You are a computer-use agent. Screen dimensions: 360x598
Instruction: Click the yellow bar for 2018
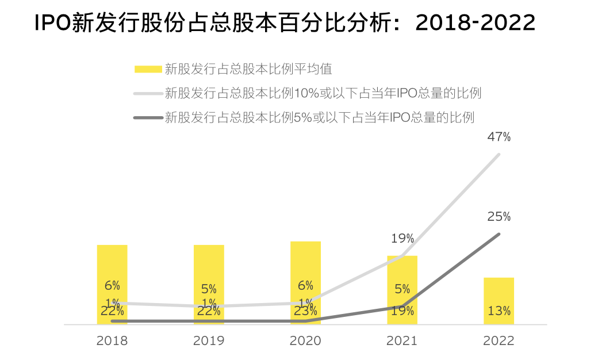pos(112,270)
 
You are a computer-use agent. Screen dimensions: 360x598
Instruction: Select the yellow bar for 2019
pos(209,270)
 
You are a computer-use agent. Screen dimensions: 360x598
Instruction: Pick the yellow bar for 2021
pos(402,276)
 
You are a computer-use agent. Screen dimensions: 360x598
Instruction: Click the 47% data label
pos(499,137)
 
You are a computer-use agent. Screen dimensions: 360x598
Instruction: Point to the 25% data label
pos(499,217)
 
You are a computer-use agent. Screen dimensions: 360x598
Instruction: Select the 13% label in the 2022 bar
pos(499,311)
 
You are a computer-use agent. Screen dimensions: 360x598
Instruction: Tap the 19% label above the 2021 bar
pos(402,238)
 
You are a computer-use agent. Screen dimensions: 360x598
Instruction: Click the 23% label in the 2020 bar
pos(305,311)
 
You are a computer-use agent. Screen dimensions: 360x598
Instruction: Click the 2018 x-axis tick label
pos(112,340)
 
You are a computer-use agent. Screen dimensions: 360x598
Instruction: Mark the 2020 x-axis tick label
pos(305,340)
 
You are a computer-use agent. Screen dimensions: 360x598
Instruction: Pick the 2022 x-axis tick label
pos(499,340)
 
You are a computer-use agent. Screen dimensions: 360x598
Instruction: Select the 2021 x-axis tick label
pos(402,340)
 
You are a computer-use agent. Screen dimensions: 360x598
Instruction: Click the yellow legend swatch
pos(147,70)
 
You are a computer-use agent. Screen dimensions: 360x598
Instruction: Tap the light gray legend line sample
pos(147,93)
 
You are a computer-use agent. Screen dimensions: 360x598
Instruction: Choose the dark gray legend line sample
pos(147,117)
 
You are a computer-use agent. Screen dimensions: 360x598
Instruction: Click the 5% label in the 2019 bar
pos(209,289)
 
